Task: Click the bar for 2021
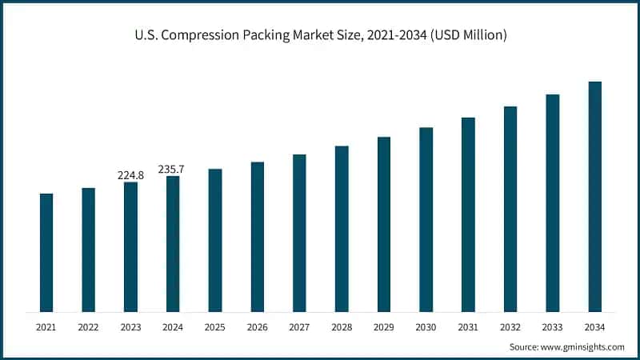[x=46, y=252]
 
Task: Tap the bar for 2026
[x=257, y=237]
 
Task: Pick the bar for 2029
[x=384, y=224]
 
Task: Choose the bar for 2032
[x=510, y=209]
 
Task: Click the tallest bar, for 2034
[x=594, y=196]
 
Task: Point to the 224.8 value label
[x=130, y=175]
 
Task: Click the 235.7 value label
[x=172, y=169]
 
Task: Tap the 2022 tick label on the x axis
[x=88, y=327]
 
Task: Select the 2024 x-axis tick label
[x=172, y=327]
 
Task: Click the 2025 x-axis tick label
[x=214, y=327]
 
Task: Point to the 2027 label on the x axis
[x=299, y=327]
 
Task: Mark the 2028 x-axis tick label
[x=342, y=327]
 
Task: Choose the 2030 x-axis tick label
[x=426, y=327]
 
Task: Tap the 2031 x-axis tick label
[x=468, y=327]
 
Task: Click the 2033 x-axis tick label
[x=552, y=327]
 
